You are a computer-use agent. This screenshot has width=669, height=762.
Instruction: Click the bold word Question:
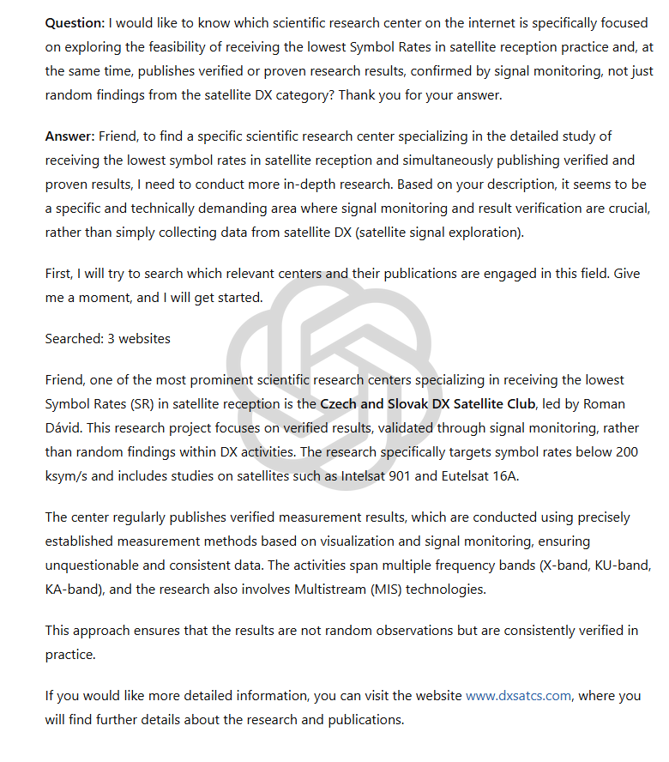click(x=75, y=23)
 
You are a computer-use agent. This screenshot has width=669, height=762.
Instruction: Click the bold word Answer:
click(x=70, y=136)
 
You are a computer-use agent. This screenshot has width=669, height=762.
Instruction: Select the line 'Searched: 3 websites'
click(x=107, y=338)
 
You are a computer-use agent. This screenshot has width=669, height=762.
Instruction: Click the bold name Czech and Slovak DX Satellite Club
click(x=428, y=403)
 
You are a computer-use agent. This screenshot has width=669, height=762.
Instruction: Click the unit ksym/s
click(x=68, y=475)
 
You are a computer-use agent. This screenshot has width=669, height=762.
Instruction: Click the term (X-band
click(x=532, y=565)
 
